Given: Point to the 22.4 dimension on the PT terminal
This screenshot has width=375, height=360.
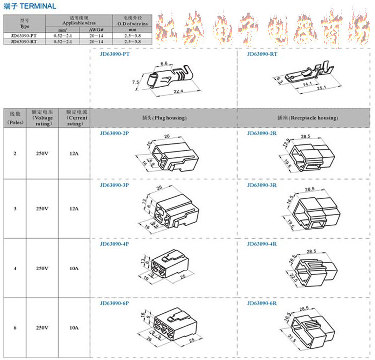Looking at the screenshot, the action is pos(179,91).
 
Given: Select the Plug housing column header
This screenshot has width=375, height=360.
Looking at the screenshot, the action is pos(163,118).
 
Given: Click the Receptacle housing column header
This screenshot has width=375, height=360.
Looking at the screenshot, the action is pos(307,118).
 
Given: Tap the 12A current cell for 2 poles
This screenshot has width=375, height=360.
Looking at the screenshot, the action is pos(74,154).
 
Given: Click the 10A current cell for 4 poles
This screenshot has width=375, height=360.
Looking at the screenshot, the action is pos(74,269).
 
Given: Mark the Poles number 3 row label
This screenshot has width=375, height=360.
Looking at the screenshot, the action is pos(15,209).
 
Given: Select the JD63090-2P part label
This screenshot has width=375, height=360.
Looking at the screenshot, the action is pos(115,133).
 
